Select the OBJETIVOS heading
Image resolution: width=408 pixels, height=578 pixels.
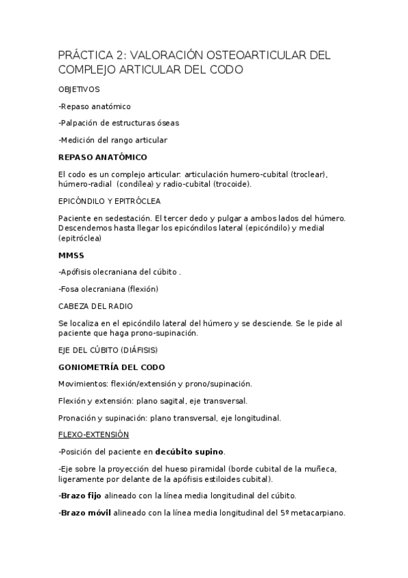click(79, 89)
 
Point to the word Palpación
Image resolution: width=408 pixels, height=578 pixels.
click(82, 123)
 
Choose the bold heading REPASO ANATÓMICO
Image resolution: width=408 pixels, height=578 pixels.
click(102, 157)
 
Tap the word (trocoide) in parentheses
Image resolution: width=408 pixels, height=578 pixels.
click(232, 184)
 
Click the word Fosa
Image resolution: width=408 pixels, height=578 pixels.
click(71, 289)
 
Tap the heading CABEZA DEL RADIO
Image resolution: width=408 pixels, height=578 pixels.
click(95, 306)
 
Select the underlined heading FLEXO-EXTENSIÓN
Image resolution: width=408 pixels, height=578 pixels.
click(93, 434)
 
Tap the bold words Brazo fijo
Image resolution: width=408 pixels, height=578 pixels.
click(81, 496)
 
